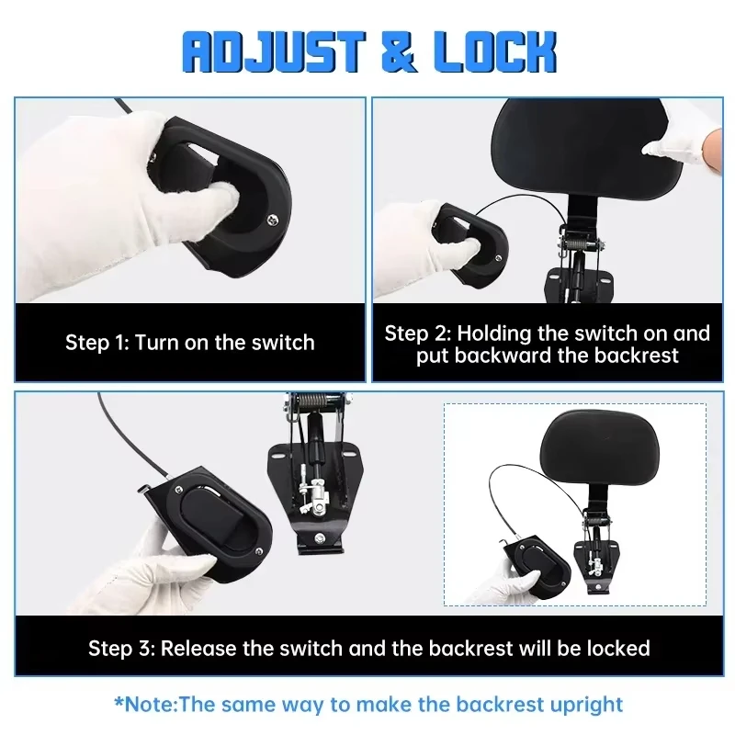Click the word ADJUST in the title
click(274, 52)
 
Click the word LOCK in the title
click(494, 52)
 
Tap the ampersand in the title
click(399, 52)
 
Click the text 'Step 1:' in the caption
click(96, 343)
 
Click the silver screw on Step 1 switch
click(271, 219)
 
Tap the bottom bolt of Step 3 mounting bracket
click(320, 537)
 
